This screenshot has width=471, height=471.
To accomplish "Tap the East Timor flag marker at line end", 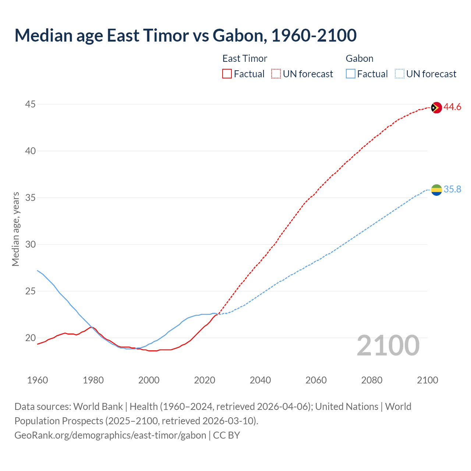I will pos(436,107).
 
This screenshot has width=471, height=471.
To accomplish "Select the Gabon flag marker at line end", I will pos(436,190).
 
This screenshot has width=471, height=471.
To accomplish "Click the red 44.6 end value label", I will pos(452,107).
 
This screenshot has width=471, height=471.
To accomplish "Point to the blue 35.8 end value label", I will pos(452,190).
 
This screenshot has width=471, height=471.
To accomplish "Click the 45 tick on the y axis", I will pos(30,105).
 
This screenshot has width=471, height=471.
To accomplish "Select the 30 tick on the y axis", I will pos(30,245).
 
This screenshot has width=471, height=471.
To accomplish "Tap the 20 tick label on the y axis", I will pos(30,338).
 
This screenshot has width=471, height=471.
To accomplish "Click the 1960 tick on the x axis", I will pos(38,380).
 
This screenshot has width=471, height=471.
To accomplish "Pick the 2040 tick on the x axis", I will pos(260,380).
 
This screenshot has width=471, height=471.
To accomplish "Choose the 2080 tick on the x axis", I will pos(372,380).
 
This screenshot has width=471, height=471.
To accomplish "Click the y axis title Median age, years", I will pos(15,229).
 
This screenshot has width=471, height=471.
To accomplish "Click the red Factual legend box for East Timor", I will pos(227,74).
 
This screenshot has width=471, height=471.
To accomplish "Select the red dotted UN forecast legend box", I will pos(276,74).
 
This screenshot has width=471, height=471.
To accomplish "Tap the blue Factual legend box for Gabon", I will pos(351,74).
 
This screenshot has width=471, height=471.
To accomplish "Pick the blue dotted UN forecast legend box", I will pos(399,74).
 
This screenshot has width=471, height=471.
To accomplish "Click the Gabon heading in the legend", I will pos(360,59).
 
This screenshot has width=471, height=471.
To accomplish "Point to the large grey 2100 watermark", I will pos(388,346).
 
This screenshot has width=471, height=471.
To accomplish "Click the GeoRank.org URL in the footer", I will pos(110,435).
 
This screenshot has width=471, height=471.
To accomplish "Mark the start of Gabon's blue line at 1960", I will pos(38,270).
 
